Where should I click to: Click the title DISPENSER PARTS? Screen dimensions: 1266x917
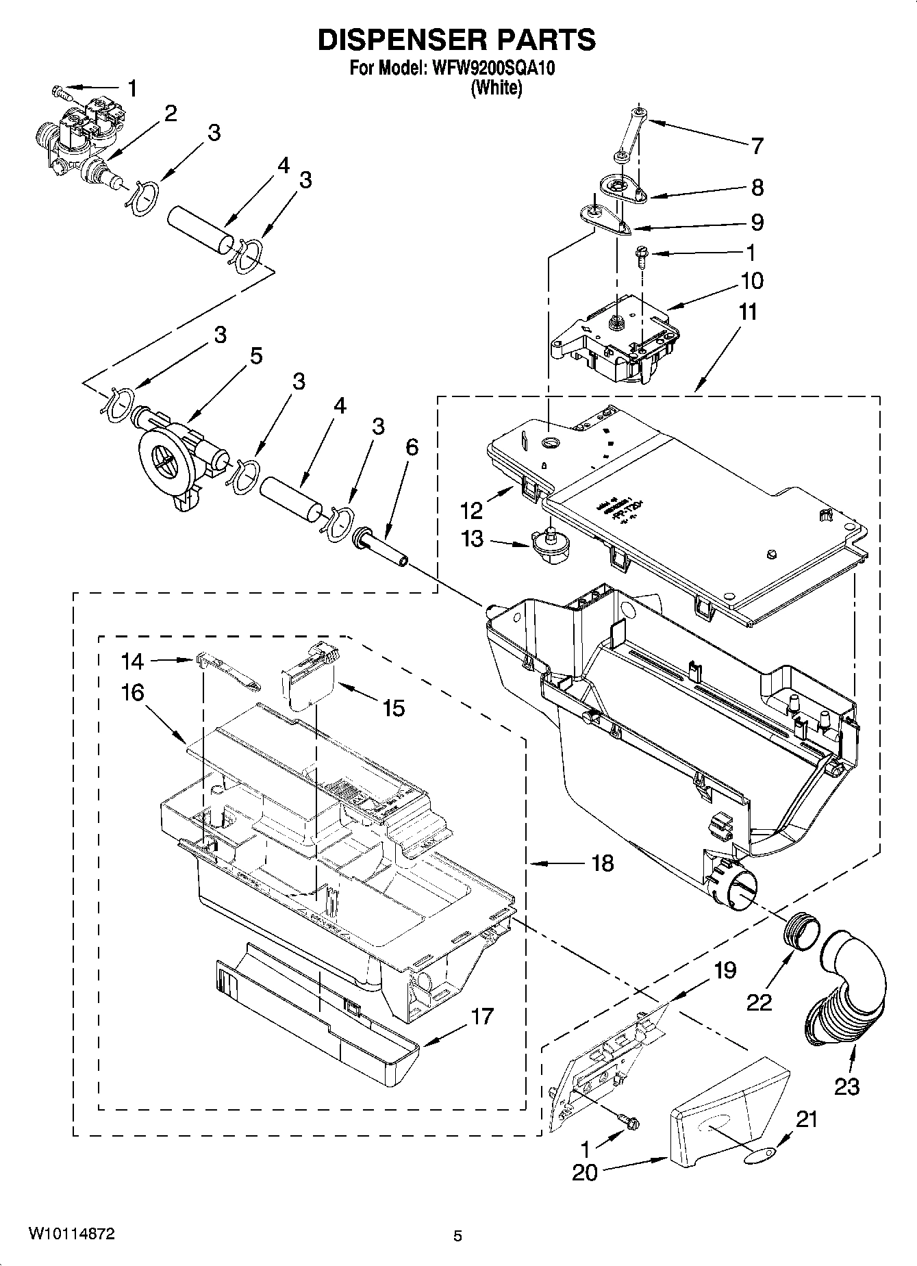coord(457,40)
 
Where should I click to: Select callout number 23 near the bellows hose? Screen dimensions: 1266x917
coord(846,1087)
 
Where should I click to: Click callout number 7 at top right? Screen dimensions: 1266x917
coord(757,146)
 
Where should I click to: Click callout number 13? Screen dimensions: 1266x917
coord(473,540)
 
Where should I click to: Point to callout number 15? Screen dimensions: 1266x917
coord(394,708)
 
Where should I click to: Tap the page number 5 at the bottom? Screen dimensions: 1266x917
coord(457,1236)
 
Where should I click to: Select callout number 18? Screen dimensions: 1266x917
coord(603,863)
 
